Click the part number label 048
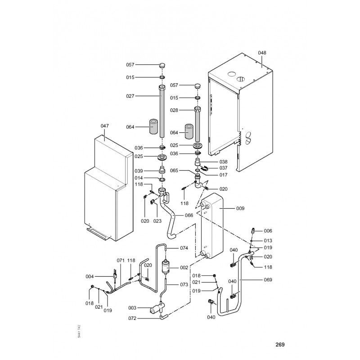click(x=262, y=53)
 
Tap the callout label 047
click(x=104, y=126)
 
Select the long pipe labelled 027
click(x=162, y=115)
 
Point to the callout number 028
click(x=175, y=110)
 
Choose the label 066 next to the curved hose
click(x=189, y=216)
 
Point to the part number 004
click(x=90, y=276)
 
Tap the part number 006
click(x=268, y=230)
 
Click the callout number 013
click(x=268, y=240)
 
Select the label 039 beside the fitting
click(x=139, y=171)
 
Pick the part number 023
click(x=157, y=221)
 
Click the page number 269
click(x=280, y=345)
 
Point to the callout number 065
click(x=175, y=171)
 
